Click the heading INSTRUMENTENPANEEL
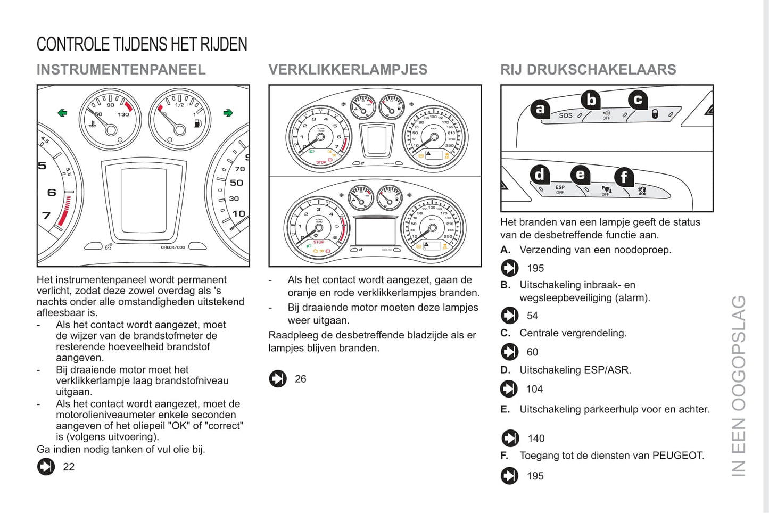coord(121,70)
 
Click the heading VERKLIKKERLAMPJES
coord(348,70)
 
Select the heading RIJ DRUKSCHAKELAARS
coord(588,70)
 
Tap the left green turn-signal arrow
coord(63,113)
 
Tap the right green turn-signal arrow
coord(228,113)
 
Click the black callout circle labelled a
coord(540,109)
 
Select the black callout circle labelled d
coord(540,174)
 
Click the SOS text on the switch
coord(565,115)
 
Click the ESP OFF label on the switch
coord(560,189)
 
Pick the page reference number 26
coord(301,379)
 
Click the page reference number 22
coord(69,467)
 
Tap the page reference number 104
coord(534,389)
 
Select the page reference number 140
coord(536,438)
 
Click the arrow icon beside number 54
coord(509,316)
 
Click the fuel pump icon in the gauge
coord(198,123)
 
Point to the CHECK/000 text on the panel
coord(173,247)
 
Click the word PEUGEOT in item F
coord(677,456)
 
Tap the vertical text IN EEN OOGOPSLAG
coord(739,386)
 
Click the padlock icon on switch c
coord(655,113)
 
